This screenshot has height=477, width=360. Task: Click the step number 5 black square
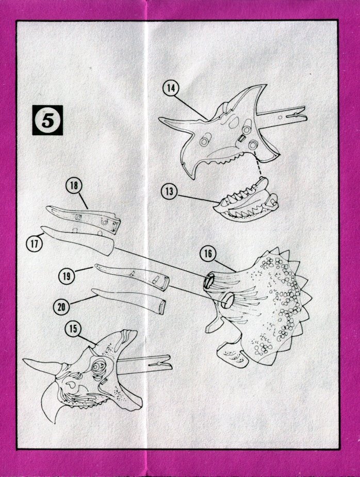click(x=47, y=120)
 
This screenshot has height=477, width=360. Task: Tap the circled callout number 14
click(x=171, y=88)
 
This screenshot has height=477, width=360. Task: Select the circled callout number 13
click(x=169, y=191)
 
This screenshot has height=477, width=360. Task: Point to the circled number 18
click(x=74, y=186)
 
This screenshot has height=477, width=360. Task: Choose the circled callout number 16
click(x=208, y=253)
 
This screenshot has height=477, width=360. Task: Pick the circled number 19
click(x=67, y=276)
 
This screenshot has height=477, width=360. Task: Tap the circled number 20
click(x=61, y=306)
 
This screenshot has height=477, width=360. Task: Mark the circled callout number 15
click(x=73, y=329)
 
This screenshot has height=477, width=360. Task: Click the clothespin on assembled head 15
click(x=146, y=363)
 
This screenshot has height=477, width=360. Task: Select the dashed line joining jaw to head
click(x=259, y=165)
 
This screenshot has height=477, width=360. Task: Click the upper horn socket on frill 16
click(x=209, y=280)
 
